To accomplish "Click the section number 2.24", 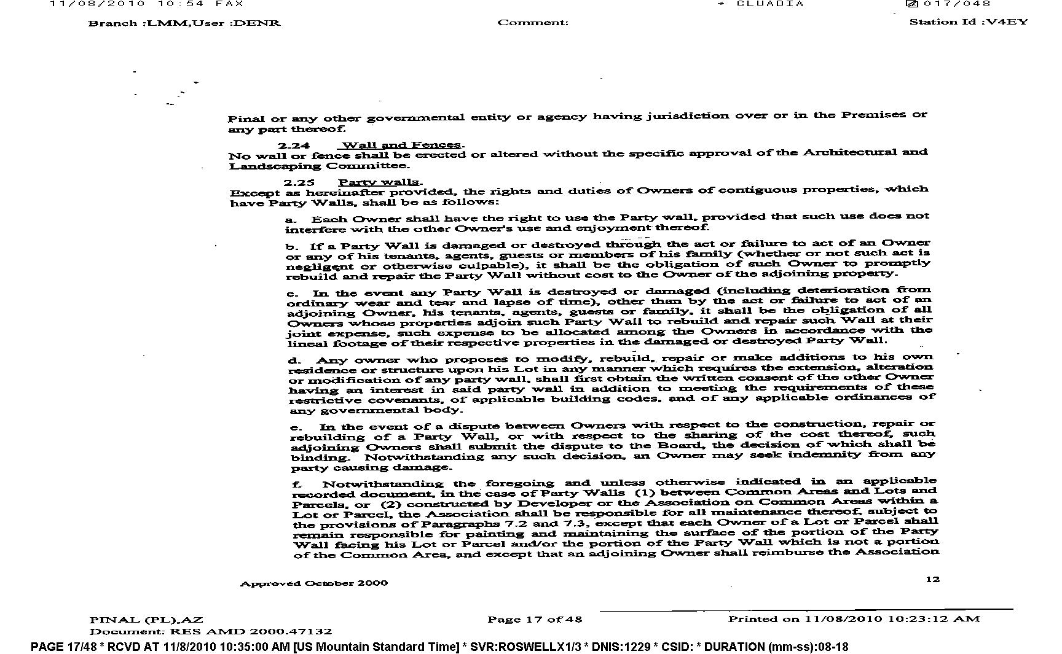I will point(293,146).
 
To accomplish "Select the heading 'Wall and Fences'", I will point(401,145).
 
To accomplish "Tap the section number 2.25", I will point(299,182).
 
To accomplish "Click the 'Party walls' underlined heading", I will point(379,182).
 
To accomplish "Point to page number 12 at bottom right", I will point(932,579).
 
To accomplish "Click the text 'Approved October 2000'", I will point(313,583).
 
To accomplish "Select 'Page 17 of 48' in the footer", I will point(535,619).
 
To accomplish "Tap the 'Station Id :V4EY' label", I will point(968,22).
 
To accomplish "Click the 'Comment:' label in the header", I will point(533,23).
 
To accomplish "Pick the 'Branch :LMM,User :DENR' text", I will point(184,23).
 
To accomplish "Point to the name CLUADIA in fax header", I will point(770,4).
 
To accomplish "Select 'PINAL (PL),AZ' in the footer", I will point(146,620).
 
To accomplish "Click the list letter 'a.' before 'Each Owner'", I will point(291,219).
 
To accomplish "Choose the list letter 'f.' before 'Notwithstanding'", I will point(297,485).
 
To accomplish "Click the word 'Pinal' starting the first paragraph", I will point(246,119).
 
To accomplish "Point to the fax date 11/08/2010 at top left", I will point(97,4).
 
